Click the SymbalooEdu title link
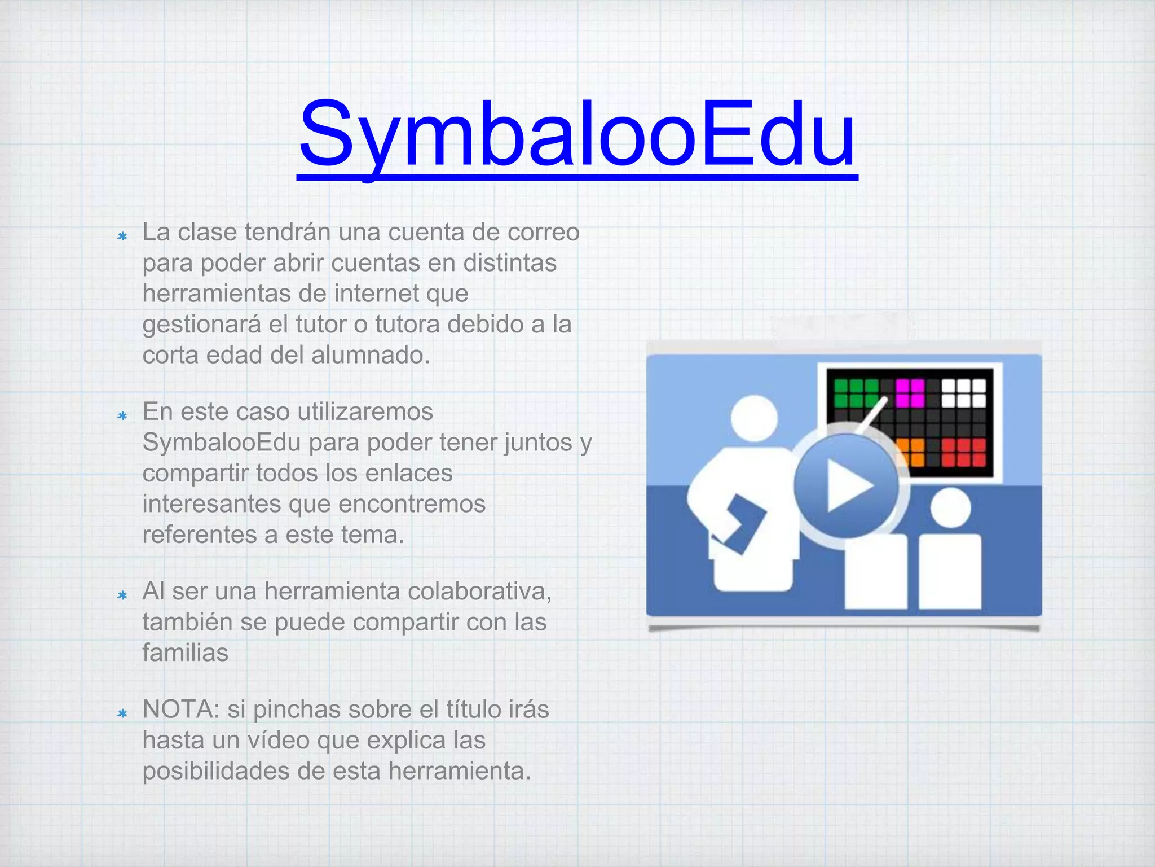(x=577, y=135)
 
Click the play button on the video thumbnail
(x=846, y=485)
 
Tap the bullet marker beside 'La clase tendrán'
(x=122, y=237)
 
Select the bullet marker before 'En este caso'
(x=122, y=416)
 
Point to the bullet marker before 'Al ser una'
(x=122, y=595)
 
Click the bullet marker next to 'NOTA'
(x=122, y=714)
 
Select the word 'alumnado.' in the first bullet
(x=371, y=355)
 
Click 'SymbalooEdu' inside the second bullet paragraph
(x=221, y=443)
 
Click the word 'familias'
(x=185, y=653)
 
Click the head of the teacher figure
(x=754, y=418)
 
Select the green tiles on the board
(x=856, y=392)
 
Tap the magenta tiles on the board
(x=910, y=392)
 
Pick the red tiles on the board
(x=963, y=452)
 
